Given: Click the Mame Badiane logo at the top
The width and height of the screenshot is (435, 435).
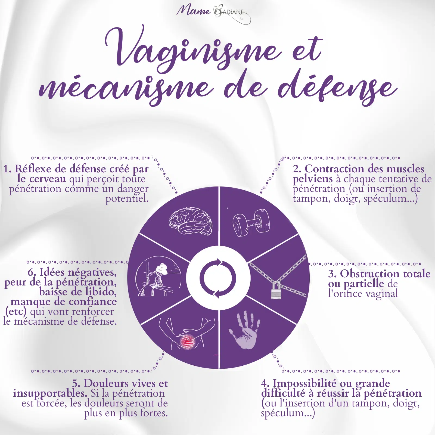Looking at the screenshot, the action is point(214,13).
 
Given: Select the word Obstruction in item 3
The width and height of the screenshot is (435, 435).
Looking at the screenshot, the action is point(370,274).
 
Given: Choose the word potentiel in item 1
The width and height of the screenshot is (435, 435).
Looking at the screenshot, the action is point(127,199).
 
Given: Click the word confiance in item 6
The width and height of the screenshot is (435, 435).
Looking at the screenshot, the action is point(93,302).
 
